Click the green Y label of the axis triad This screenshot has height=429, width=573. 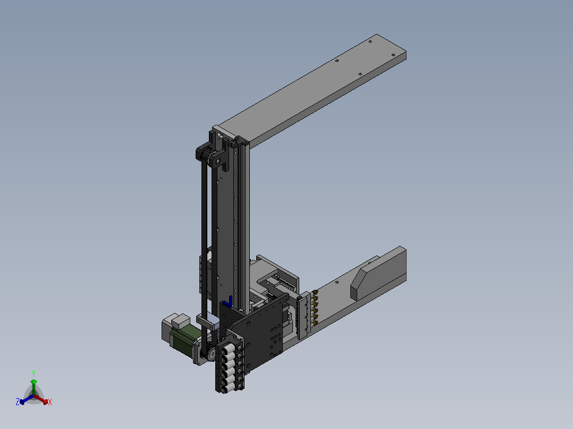(33, 373)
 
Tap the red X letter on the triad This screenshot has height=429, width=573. (50, 402)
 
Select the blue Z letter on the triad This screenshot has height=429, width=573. (18, 402)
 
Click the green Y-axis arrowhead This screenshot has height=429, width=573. (33, 382)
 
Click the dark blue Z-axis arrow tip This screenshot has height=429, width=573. (22, 402)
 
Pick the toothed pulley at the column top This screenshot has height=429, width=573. (205, 155)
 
